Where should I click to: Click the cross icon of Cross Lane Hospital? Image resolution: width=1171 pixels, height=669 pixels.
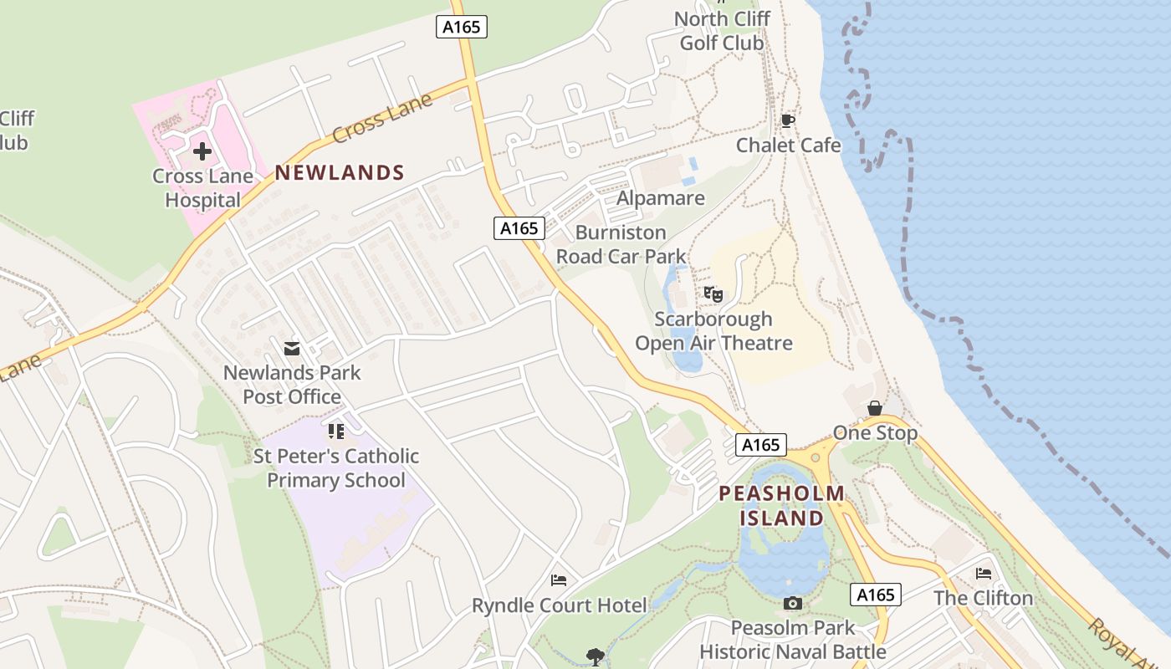[202, 151]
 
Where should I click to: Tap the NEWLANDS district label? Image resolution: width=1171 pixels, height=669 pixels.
[340, 173]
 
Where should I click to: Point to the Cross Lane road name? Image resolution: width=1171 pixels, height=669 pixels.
[381, 118]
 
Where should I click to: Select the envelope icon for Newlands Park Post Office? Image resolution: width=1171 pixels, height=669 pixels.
[292, 348]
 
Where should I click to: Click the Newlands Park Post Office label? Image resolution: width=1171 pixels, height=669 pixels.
[292, 385]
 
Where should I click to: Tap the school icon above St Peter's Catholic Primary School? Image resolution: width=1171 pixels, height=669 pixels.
[336, 432]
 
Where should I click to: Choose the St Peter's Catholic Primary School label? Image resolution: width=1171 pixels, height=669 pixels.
[336, 468]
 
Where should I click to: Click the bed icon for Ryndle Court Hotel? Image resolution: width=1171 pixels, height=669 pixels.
[559, 580]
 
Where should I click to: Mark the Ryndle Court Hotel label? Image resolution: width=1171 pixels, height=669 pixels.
[560, 605]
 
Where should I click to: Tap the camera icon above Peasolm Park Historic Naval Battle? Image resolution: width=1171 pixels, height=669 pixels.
[792, 603]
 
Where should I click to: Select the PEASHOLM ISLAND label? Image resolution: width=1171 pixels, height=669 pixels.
[782, 506]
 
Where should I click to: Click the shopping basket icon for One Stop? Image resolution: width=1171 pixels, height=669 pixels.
[875, 408]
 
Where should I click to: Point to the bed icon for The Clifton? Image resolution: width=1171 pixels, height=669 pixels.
[984, 574]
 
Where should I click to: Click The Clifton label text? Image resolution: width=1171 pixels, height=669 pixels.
[984, 599]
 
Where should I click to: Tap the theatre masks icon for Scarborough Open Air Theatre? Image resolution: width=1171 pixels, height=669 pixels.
[713, 294]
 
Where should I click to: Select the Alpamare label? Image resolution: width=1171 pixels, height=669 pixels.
[661, 199]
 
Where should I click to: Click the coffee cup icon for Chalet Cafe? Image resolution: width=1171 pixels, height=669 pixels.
[787, 121]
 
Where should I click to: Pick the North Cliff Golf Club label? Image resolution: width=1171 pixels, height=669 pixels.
[722, 31]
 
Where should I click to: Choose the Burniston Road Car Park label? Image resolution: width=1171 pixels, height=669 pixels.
[621, 244]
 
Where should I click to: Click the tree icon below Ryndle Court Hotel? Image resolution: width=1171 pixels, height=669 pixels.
[595, 656]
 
